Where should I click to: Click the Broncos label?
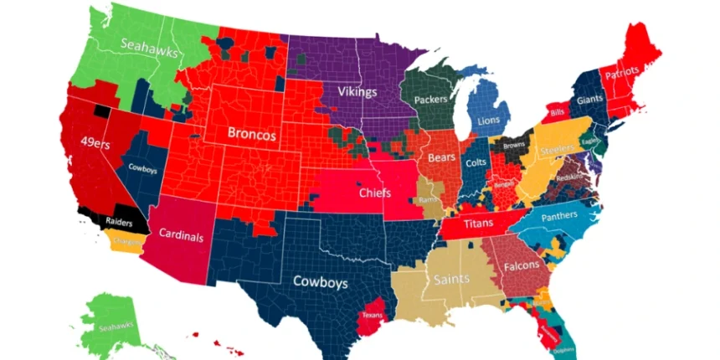tap(252, 133)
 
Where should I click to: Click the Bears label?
tap(441, 157)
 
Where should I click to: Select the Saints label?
tap(450, 280)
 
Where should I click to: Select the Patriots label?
tap(627, 73)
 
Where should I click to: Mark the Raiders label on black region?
tap(120, 222)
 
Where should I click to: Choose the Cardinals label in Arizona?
tap(181, 237)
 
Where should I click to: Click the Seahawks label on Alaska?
tap(116, 327)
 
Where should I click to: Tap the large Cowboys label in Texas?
tap(320, 283)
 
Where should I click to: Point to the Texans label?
tap(373, 316)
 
